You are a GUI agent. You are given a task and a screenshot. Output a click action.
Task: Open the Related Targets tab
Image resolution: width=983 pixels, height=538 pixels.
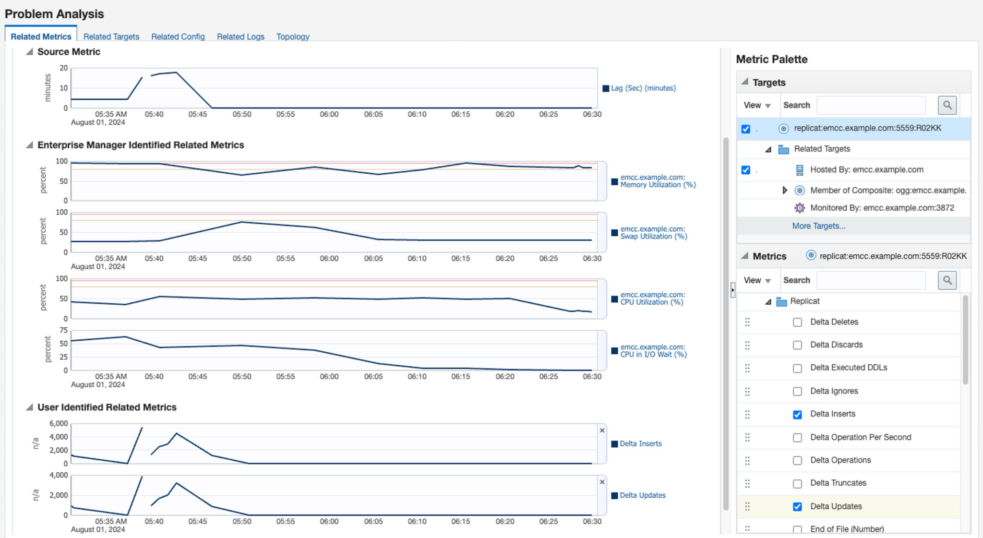(111, 36)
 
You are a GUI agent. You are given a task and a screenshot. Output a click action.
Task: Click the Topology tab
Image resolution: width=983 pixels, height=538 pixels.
(292, 36)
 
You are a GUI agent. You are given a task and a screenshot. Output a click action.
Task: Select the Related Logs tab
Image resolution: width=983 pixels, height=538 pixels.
(240, 36)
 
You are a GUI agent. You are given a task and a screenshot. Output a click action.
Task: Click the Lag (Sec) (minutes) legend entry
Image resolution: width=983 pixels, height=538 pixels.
(643, 88)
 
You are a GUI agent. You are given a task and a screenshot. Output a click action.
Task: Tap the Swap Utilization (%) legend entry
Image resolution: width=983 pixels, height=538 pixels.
(653, 233)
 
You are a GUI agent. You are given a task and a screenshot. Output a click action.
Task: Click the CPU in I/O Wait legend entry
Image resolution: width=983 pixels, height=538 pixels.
(653, 351)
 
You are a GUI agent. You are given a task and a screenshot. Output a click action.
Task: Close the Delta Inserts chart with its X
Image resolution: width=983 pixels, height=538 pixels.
(602, 430)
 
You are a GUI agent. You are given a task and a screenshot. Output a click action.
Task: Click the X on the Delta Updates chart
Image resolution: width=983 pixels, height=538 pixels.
(602, 482)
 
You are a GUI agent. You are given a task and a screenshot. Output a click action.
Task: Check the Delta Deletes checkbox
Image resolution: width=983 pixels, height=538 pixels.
(797, 323)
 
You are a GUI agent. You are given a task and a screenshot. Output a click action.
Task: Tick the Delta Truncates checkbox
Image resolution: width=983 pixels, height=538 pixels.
(797, 484)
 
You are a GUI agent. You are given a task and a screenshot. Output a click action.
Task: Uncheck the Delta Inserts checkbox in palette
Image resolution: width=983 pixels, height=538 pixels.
(797, 415)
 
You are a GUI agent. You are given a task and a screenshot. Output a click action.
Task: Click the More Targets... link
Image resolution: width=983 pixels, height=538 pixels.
(818, 226)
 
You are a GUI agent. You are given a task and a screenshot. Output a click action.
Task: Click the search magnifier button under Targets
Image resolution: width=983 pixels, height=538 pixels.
(947, 105)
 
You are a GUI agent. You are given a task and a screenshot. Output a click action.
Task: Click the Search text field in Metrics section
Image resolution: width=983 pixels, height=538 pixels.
(871, 280)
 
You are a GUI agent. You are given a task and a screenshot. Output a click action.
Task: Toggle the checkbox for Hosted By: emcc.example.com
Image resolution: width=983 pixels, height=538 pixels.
(745, 170)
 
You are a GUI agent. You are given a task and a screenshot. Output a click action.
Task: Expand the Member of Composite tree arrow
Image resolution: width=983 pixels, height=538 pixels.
(785, 191)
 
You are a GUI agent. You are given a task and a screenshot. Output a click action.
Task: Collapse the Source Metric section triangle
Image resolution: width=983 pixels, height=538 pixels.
(29, 52)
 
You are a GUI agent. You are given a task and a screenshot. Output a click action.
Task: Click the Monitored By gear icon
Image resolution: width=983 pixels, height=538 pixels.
(799, 208)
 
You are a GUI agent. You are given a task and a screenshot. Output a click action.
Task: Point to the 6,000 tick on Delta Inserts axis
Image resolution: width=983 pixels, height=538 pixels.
(59, 423)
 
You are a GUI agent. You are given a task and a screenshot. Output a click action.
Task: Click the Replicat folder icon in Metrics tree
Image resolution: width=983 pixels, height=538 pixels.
(781, 301)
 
